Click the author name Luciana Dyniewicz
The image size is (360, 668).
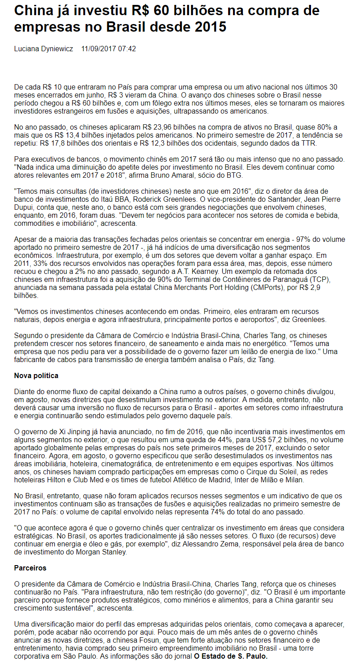pyautogui.click(x=44, y=49)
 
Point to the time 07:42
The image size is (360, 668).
pyautogui.click(x=127, y=49)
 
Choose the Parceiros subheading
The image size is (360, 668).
pyautogui.click(x=30, y=568)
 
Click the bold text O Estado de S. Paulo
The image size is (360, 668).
pyautogui.click(x=231, y=656)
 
